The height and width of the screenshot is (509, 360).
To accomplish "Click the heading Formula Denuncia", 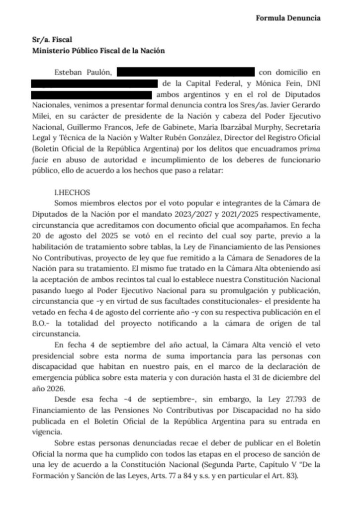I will coord(288,18).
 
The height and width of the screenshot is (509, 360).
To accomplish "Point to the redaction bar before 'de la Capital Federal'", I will coord(94,83).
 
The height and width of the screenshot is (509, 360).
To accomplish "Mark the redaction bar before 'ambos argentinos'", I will coord(91,94).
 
